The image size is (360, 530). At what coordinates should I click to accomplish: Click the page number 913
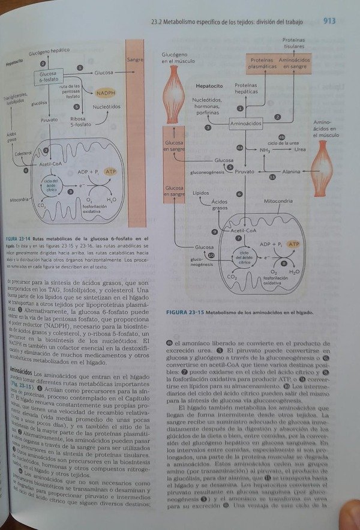pyautogui.click(x=329, y=21)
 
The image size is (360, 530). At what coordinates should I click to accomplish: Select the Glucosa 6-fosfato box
pyautogui.click(x=49, y=76)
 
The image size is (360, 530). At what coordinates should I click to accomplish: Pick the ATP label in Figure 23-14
pyautogui.click(x=110, y=172)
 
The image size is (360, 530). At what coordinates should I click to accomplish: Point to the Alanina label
pyautogui.click(x=291, y=171)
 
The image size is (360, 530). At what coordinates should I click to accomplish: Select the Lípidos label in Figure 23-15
pyautogui.click(x=201, y=194)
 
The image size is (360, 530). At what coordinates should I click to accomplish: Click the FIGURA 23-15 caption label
pyautogui.click(x=182, y=312)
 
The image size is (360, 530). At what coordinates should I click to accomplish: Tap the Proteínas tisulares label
pyautogui.click(x=293, y=43)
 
